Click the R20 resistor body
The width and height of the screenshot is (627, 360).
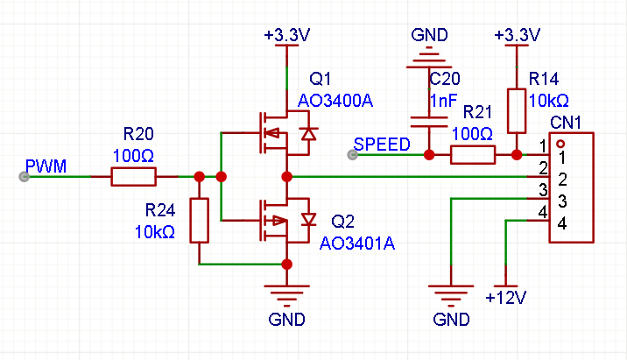[x=134, y=176]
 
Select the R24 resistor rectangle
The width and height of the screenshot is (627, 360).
[x=199, y=221]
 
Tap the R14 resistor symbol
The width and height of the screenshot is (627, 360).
[x=517, y=110]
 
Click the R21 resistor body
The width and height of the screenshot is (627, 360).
[x=473, y=155]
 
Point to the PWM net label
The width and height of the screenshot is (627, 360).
[x=46, y=166]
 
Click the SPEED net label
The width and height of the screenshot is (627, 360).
[x=382, y=145]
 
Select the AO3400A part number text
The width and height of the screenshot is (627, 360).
[x=335, y=101]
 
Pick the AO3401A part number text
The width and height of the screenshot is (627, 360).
[x=357, y=244]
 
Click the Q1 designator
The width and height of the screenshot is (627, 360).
[x=321, y=79]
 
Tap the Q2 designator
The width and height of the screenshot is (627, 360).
[x=342, y=222]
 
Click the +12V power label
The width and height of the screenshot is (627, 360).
[x=506, y=298]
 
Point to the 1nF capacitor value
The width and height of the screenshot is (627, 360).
[x=443, y=101]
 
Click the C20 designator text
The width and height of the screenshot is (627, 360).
[x=445, y=79]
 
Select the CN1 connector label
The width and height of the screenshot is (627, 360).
[x=566, y=123]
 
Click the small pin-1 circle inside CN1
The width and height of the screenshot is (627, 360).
[x=560, y=144]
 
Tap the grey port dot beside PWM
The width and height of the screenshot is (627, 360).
[x=24, y=176]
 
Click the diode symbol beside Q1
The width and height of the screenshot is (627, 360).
[x=309, y=133]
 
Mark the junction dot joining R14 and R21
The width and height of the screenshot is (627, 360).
[x=517, y=155]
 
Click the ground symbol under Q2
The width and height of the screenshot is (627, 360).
[x=286, y=295]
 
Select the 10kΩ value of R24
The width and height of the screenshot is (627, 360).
[x=155, y=232]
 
